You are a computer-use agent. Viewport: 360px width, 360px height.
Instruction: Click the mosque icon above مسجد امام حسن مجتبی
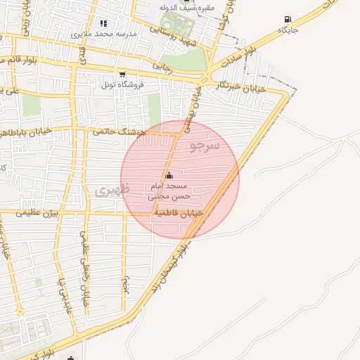click(x=168, y=175)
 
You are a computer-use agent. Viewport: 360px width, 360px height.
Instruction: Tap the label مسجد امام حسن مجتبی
click(x=168, y=191)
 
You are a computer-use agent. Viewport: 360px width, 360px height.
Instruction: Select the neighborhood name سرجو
click(x=205, y=146)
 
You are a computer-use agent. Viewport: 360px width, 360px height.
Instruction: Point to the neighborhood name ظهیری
click(x=112, y=190)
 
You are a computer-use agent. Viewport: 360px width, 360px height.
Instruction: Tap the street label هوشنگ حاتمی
click(x=119, y=131)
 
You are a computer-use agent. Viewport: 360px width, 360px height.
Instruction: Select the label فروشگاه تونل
click(x=122, y=84)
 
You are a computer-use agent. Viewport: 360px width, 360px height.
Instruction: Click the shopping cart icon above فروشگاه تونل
click(x=122, y=74)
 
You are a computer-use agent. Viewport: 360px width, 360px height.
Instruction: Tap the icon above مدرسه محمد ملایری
click(x=104, y=23)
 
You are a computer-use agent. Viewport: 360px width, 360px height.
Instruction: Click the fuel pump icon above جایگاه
click(x=288, y=20)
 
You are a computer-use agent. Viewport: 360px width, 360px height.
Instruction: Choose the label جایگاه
click(x=288, y=30)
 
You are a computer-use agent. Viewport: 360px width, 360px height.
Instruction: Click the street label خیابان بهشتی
click(x=193, y=112)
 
